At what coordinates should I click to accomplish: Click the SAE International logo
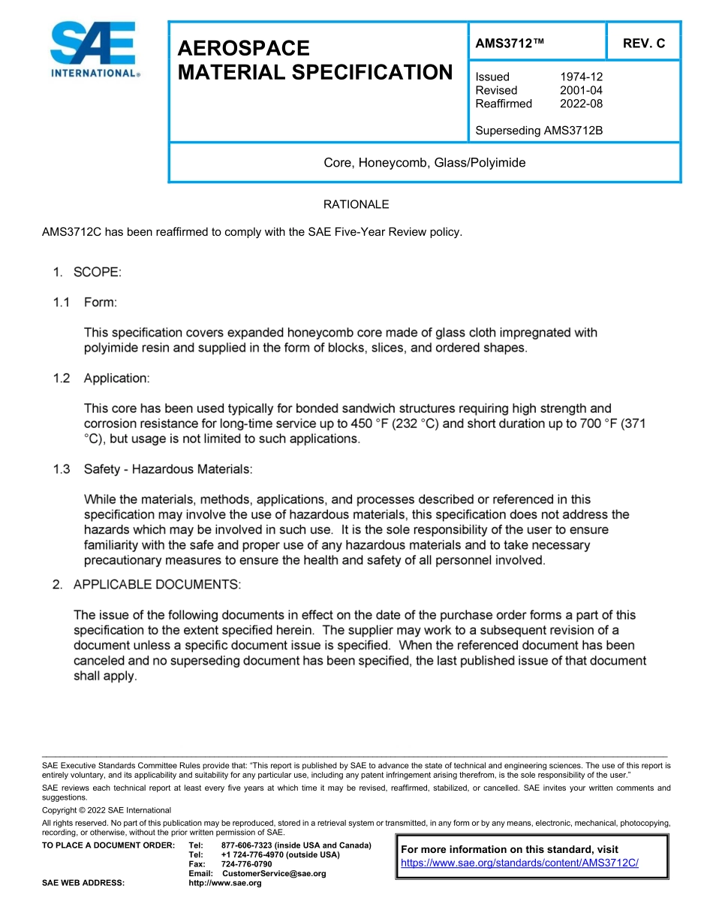95,50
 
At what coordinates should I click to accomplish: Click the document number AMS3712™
510,44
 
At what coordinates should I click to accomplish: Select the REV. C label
643,44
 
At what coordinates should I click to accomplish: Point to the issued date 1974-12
581,77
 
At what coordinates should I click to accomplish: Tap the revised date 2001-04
581,90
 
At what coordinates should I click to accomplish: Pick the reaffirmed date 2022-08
581,104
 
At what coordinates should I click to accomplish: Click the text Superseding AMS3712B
539,131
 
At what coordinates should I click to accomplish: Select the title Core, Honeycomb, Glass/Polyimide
424,163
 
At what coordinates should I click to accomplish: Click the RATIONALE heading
356,205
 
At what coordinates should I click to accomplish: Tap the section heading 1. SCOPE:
87,273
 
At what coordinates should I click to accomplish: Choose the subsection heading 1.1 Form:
85,303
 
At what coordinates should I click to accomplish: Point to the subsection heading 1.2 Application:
101,378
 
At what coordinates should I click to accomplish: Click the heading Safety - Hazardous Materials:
168,469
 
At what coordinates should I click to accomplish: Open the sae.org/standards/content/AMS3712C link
519,863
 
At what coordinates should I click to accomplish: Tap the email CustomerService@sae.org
274,873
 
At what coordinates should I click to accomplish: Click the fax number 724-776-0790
247,864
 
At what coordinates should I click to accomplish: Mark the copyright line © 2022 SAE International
107,810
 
